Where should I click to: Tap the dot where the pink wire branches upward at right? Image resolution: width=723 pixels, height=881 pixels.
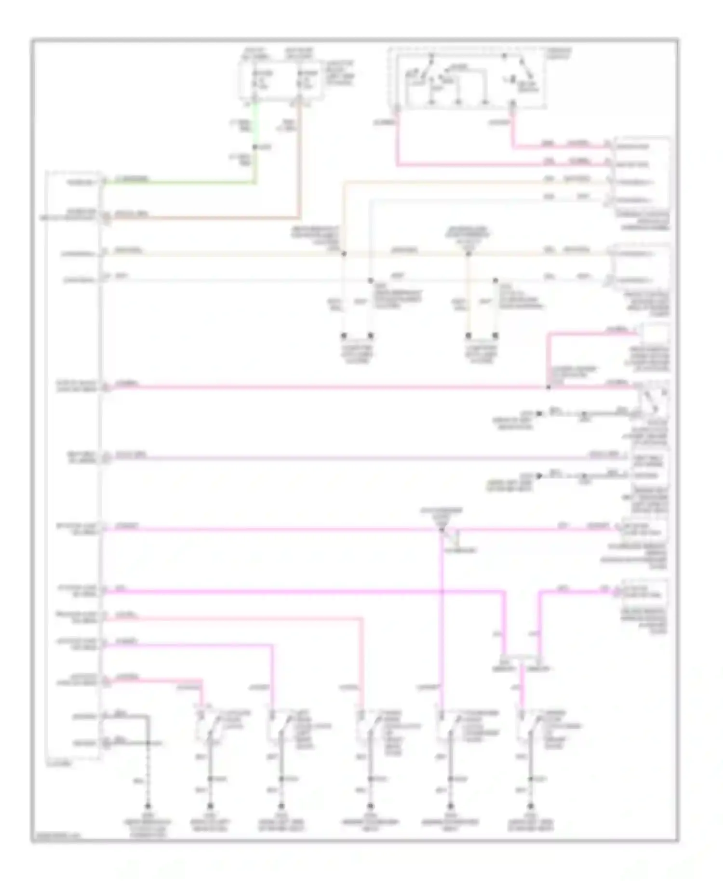point(548,387)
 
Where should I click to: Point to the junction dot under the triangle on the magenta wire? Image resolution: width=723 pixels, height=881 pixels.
point(442,530)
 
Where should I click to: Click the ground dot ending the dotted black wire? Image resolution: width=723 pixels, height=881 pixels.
point(148,807)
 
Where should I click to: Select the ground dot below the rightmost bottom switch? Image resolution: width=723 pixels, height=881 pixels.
point(531,807)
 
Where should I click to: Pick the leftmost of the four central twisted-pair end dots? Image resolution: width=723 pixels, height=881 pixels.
point(344,335)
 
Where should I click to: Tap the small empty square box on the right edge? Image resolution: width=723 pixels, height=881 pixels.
point(654,334)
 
